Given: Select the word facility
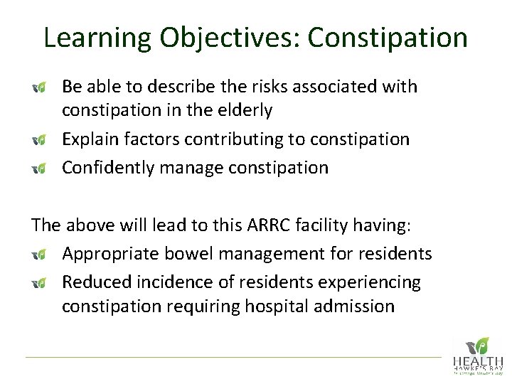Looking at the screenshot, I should point(351,226).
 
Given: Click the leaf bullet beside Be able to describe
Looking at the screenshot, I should point(41,87).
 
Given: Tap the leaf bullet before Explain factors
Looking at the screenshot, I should point(41,140).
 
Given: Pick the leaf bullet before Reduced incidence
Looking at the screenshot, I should point(41,283).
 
